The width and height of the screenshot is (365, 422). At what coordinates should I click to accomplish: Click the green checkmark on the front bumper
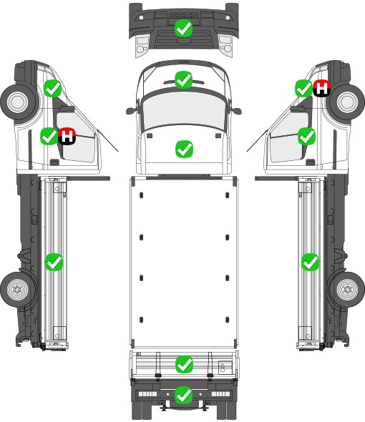click(183, 29)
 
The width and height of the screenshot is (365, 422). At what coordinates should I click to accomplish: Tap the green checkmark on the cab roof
click(183, 79)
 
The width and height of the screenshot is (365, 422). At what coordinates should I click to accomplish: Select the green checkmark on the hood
click(184, 149)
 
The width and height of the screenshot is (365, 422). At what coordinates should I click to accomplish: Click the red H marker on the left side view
click(67, 136)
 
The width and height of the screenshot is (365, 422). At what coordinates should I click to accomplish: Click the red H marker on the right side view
click(321, 88)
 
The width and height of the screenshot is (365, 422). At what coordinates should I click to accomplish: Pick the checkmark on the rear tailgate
click(184, 364)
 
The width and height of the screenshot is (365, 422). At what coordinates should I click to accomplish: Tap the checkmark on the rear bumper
click(184, 395)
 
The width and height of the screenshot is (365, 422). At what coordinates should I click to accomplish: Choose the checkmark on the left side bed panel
click(54, 262)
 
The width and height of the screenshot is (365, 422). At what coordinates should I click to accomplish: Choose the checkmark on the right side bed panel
click(311, 262)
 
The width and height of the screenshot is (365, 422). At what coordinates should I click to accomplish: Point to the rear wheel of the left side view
click(18, 290)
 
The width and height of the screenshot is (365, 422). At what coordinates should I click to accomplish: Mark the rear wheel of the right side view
click(347, 290)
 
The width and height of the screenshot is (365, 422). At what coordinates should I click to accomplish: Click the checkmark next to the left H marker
click(49, 136)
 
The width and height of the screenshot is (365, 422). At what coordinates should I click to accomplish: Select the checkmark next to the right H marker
click(304, 88)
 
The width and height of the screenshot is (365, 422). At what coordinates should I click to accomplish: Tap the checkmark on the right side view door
click(306, 136)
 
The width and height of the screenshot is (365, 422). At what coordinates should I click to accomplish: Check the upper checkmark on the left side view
click(52, 88)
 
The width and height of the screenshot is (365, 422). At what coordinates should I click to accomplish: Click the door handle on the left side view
click(54, 162)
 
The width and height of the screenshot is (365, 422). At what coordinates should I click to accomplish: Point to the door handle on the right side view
click(311, 162)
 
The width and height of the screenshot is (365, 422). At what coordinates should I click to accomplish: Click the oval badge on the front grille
click(183, 41)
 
